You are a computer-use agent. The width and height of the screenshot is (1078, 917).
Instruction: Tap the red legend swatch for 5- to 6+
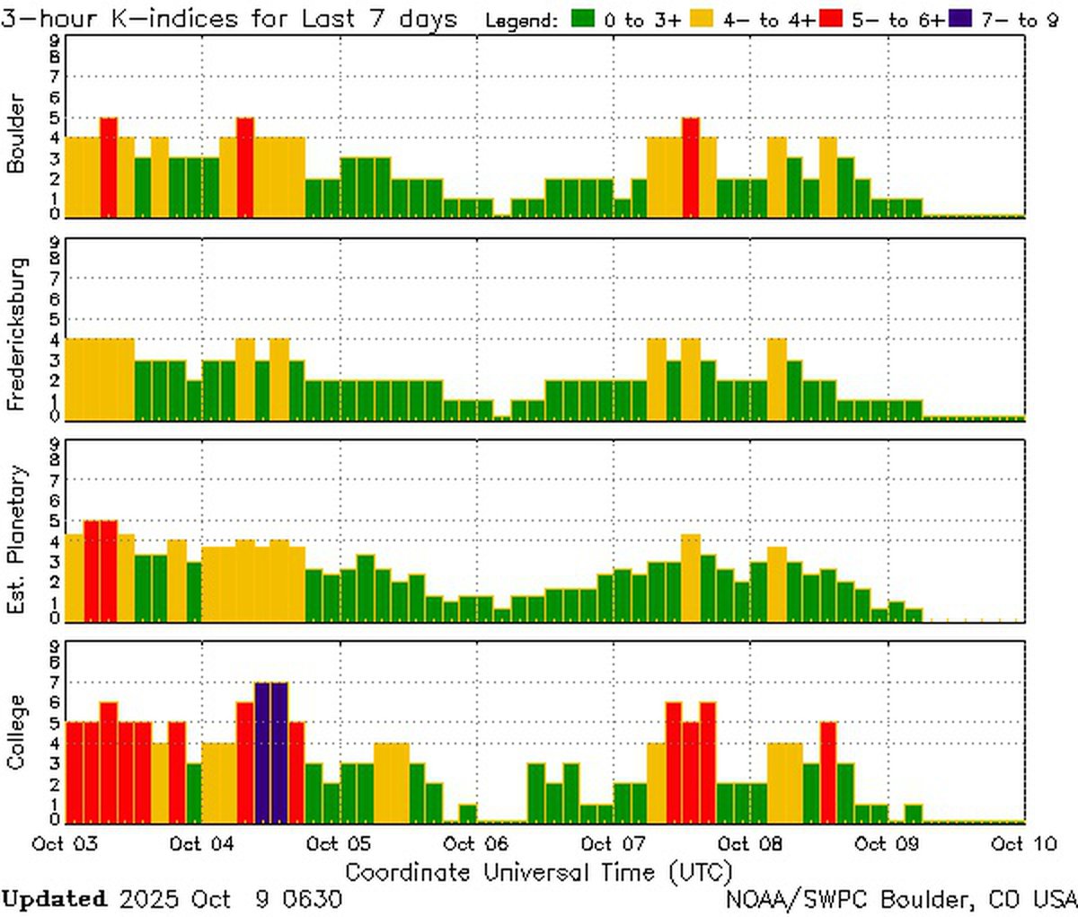(x=830, y=19)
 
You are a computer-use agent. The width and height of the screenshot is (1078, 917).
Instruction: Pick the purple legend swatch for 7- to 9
(x=959, y=19)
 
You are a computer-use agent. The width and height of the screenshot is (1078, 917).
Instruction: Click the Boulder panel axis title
(x=15, y=134)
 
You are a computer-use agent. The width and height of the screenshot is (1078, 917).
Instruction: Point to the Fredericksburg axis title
(x=15, y=334)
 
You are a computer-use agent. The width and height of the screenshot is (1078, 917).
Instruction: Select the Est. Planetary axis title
(x=15, y=539)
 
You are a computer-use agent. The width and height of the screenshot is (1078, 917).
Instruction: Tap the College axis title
(x=15, y=732)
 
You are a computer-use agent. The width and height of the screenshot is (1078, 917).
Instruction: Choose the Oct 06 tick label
(x=476, y=844)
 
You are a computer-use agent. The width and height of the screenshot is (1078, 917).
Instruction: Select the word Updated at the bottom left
(x=54, y=898)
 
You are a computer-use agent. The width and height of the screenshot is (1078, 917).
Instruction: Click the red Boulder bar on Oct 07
(x=690, y=166)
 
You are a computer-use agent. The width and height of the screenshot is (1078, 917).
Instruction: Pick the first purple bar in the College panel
(x=262, y=752)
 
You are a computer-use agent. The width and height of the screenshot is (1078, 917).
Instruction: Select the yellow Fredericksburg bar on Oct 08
(x=776, y=378)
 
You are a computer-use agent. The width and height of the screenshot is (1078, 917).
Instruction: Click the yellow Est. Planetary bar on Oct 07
(x=690, y=576)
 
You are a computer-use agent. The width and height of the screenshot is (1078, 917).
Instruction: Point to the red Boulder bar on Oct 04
(x=245, y=166)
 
